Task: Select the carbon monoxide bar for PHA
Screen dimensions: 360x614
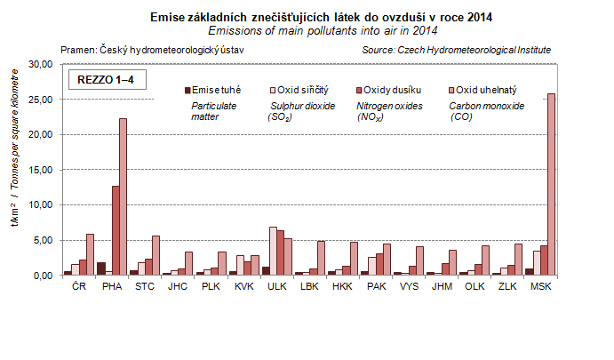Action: (x=122, y=196)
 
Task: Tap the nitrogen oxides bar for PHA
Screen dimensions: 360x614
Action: (x=115, y=230)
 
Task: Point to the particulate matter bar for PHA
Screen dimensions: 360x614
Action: (x=101, y=268)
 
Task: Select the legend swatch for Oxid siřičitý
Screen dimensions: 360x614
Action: (x=272, y=90)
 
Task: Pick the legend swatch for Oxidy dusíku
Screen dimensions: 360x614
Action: (x=359, y=90)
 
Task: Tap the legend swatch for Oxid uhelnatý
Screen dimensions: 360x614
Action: (x=451, y=90)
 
